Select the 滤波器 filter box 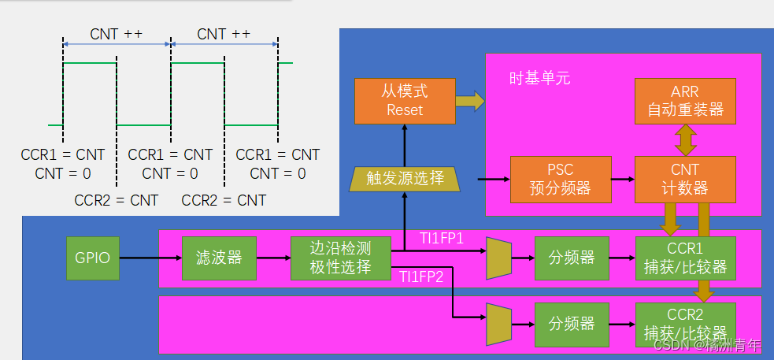click(x=219, y=258)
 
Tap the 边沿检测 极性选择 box click(x=341, y=258)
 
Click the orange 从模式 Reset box click(x=405, y=101)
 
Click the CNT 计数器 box click(x=685, y=179)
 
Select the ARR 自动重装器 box click(x=685, y=101)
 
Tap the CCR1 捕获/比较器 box click(x=685, y=258)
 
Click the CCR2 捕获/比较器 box click(x=685, y=324)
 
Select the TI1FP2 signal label click(x=421, y=276)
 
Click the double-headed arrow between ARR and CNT click(x=685, y=139)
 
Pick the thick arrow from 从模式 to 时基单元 click(x=470, y=101)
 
